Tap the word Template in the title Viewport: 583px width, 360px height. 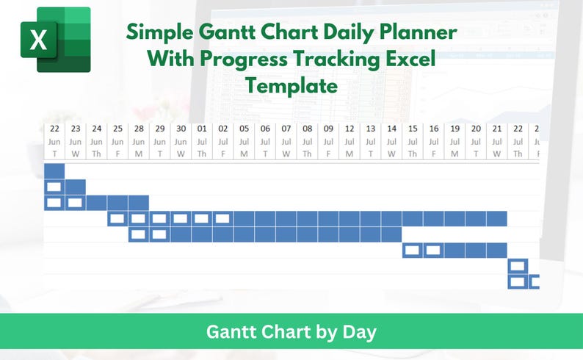[x=291, y=86]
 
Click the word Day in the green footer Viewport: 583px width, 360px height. [x=359, y=332]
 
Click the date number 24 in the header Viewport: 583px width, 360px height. [x=97, y=129]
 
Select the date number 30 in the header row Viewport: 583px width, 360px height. [x=181, y=129]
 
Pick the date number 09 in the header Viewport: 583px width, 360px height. [x=328, y=129]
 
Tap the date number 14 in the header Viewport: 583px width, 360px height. [x=391, y=129]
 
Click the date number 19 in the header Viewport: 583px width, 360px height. [x=455, y=129]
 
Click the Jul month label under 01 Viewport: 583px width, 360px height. [x=202, y=142]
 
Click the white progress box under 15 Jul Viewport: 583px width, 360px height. [x=413, y=251]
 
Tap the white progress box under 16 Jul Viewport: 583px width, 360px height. [x=433, y=251]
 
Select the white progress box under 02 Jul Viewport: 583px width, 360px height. [x=222, y=218]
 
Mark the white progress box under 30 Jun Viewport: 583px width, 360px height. [x=181, y=218]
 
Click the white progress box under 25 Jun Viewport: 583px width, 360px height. [x=117, y=218]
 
